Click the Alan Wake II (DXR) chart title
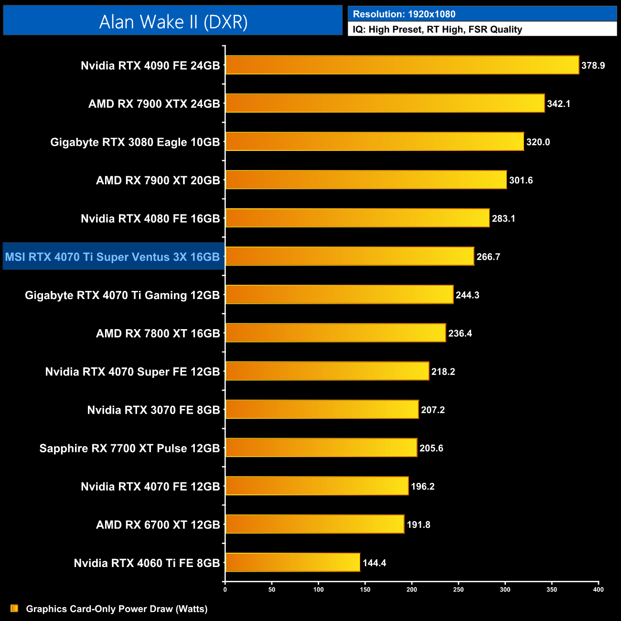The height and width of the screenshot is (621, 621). [173, 22]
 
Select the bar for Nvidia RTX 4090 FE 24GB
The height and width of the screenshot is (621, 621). [402, 65]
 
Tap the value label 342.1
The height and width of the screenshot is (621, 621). [558, 104]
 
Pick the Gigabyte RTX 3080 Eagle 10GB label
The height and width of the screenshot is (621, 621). [135, 142]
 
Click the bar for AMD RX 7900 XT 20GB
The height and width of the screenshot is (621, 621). [366, 180]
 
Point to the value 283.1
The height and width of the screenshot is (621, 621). [503, 218]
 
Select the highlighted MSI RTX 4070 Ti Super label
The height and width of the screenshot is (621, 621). [113, 257]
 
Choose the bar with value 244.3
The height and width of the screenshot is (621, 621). [339, 294]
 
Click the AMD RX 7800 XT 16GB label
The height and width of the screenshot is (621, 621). [158, 333]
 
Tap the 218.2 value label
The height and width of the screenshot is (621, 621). [443, 372]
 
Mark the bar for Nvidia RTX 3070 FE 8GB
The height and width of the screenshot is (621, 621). [322, 409]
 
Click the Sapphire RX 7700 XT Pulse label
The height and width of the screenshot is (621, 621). [129, 448]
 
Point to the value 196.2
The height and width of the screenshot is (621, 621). [422, 486]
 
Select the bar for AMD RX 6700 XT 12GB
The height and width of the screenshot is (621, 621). [315, 524]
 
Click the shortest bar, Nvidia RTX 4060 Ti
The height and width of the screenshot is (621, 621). [292, 562]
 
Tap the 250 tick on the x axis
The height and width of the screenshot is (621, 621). [458, 589]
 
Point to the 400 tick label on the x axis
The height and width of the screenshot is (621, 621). [598, 589]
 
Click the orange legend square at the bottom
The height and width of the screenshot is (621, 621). [14, 608]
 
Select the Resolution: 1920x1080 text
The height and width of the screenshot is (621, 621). [404, 14]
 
